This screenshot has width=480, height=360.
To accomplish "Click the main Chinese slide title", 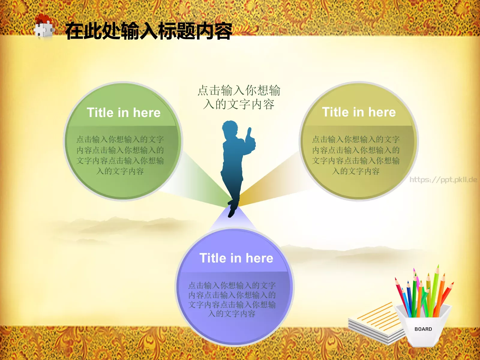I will click(148, 31).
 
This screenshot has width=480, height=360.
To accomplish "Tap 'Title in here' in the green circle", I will click(124, 113).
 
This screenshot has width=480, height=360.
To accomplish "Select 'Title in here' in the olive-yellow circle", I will click(359, 112).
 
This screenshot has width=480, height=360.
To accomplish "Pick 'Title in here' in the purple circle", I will click(236, 258).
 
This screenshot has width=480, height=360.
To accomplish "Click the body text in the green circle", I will click(120, 155).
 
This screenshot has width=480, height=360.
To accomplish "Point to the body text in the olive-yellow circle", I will click(356, 155).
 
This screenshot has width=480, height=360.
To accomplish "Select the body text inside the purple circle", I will click(232, 299).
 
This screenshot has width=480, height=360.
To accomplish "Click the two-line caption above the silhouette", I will click(239, 97).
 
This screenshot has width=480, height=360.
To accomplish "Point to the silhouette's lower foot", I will click(231, 213).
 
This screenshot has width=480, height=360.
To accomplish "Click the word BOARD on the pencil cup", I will click(423, 329).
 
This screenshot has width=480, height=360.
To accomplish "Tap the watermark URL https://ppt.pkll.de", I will click(443, 180).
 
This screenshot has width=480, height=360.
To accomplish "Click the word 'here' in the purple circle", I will click(259, 258).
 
